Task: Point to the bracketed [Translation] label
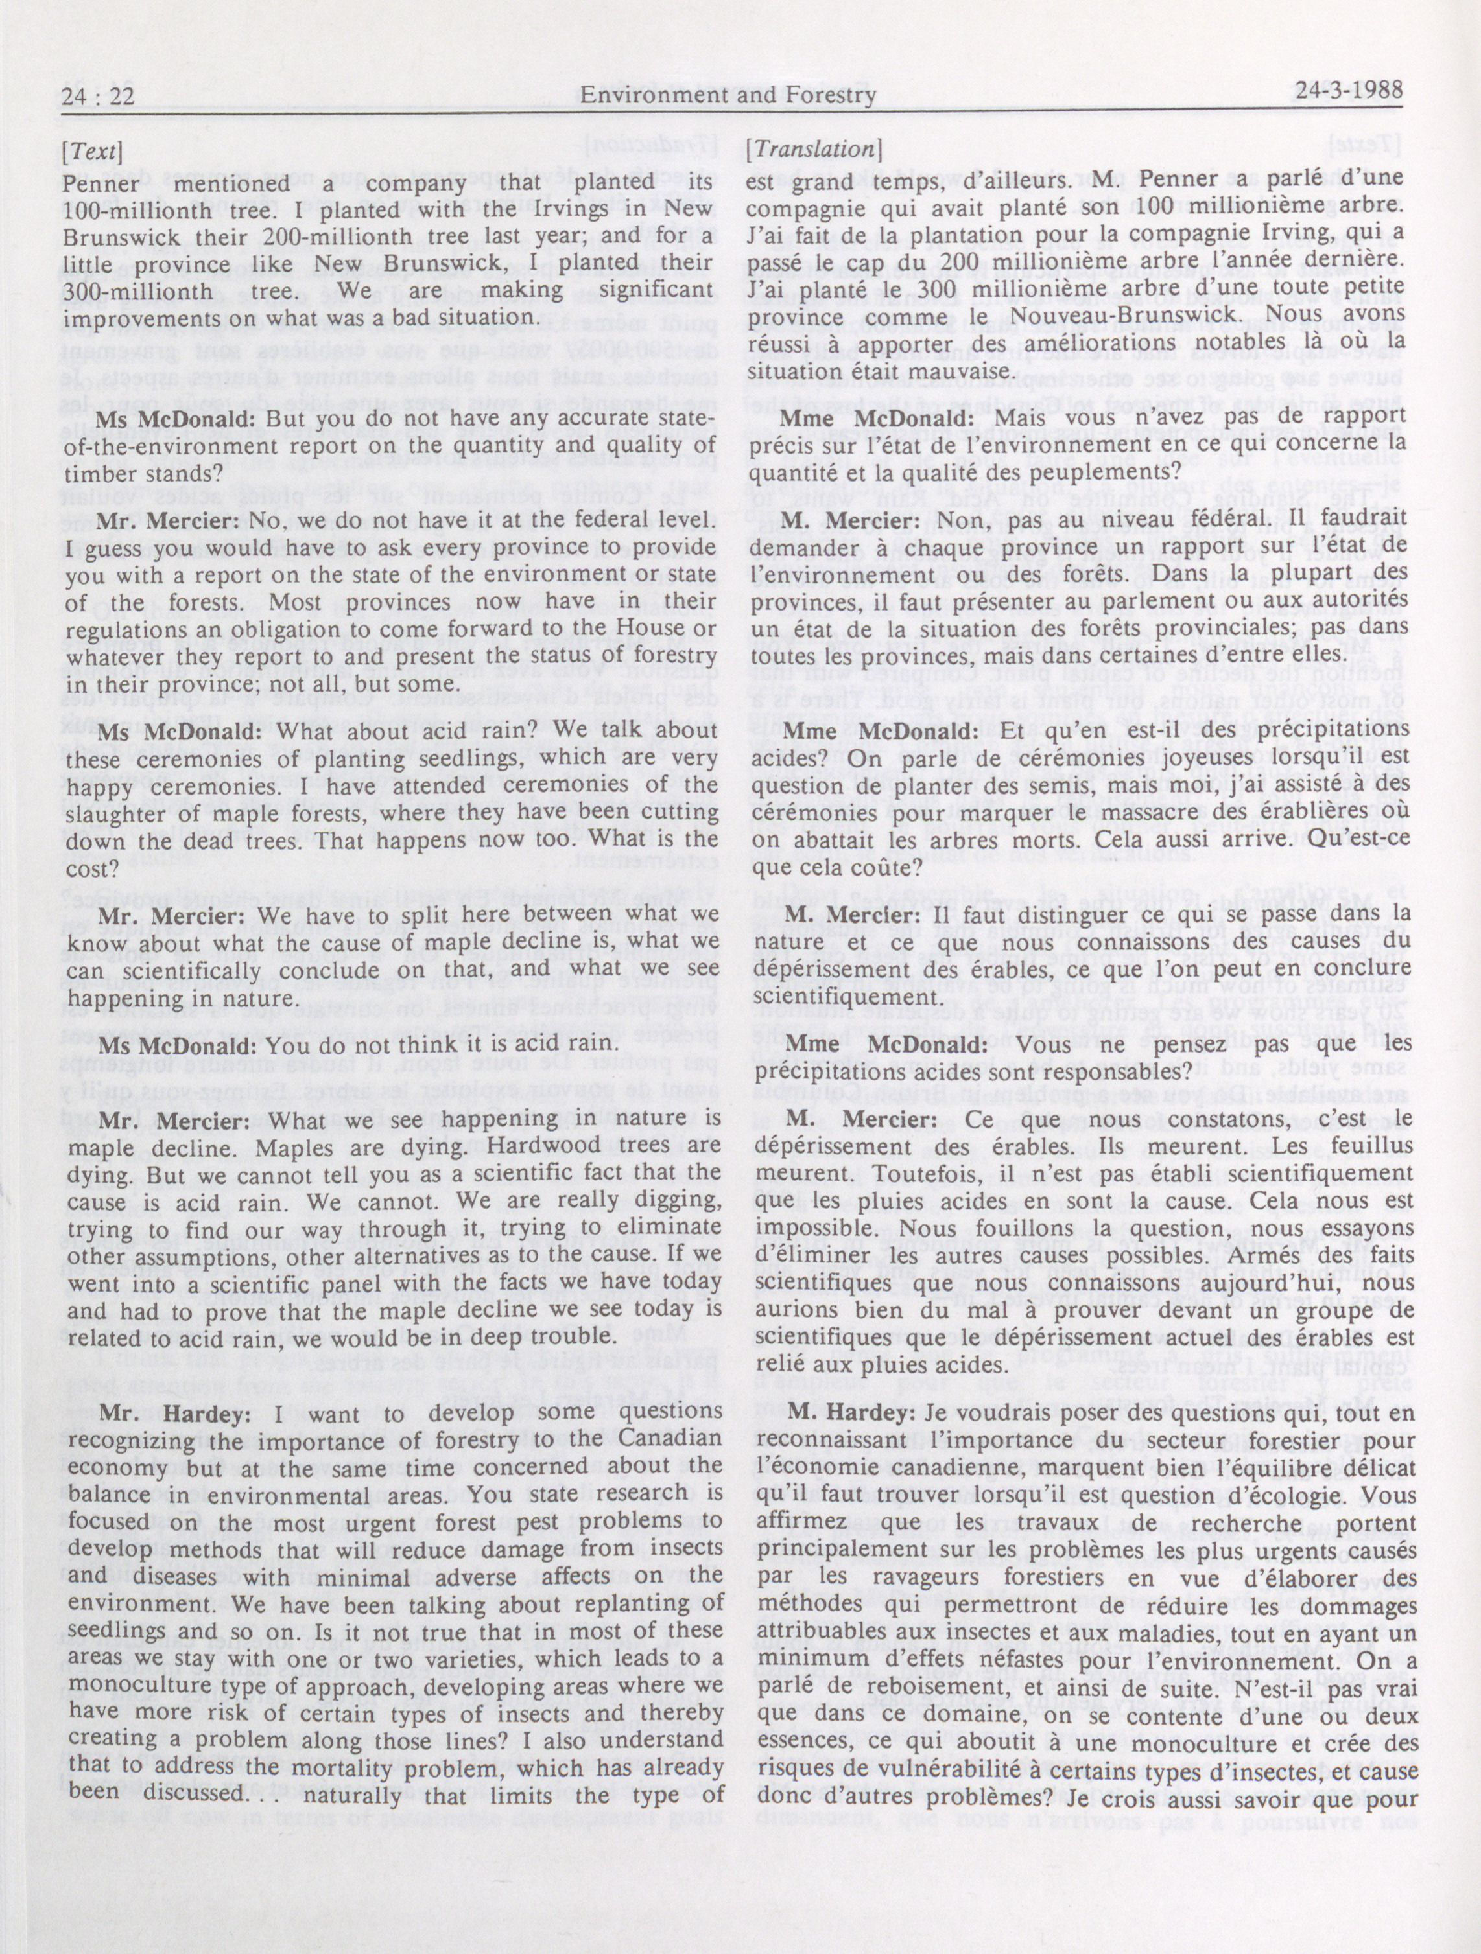coord(811,151)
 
